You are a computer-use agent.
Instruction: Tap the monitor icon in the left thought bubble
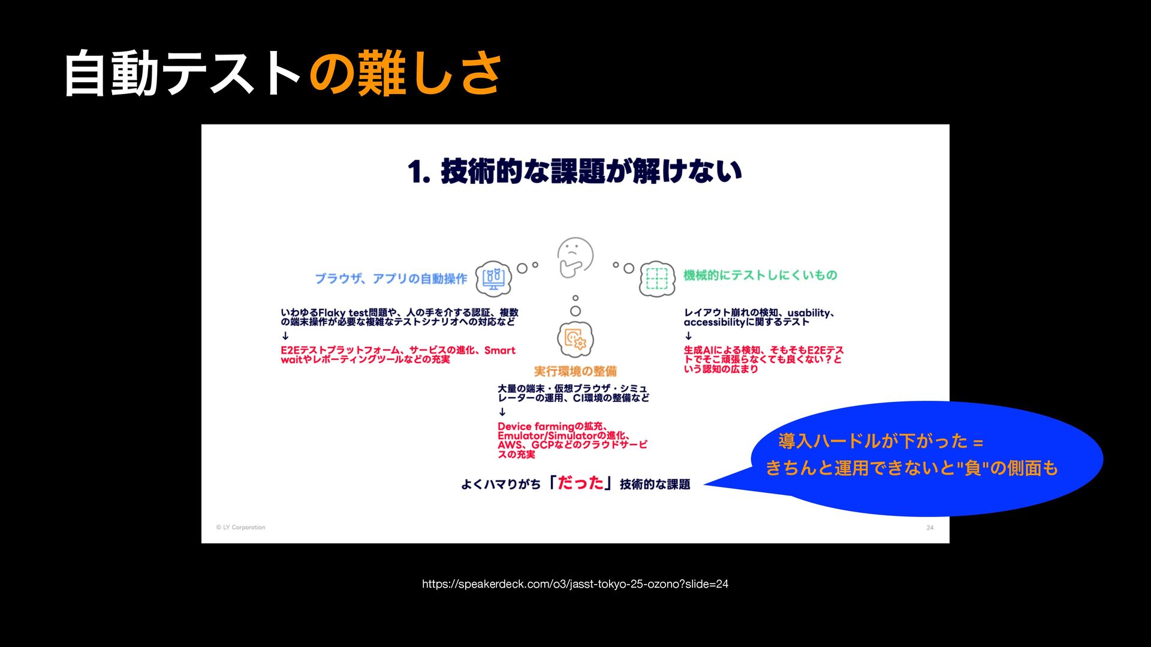pyautogui.click(x=493, y=279)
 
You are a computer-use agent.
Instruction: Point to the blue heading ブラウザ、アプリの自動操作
pyautogui.click(x=391, y=279)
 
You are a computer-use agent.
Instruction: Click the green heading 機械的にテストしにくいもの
pyautogui.click(x=760, y=275)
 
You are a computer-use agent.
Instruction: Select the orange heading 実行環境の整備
pyautogui.click(x=575, y=371)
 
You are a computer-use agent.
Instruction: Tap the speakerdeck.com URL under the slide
pyautogui.click(x=575, y=584)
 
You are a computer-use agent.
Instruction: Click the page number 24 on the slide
pyautogui.click(x=930, y=528)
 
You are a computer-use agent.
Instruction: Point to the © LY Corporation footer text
pyautogui.click(x=241, y=528)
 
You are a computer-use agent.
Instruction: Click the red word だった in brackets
pyautogui.click(x=580, y=483)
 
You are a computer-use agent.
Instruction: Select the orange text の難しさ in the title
pyautogui.click(x=405, y=74)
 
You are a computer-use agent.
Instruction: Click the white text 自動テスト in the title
pyautogui.click(x=183, y=74)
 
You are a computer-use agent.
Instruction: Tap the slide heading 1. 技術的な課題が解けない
pyautogui.click(x=575, y=171)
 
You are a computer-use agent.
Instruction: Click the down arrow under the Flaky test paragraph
pyautogui.click(x=285, y=336)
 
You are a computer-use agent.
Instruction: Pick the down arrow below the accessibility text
pyautogui.click(x=688, y=336)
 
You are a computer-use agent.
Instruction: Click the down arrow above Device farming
pyautogui.click(x=502, y=412)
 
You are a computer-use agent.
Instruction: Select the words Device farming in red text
pyautogui.click(x=535, y=427)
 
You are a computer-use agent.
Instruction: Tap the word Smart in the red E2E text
pyautogui.click(x=500, y=350)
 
